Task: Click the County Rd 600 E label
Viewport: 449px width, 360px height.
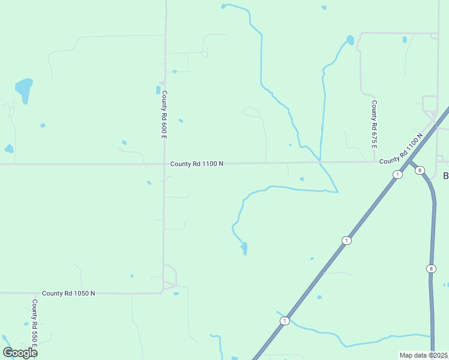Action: point(164,115)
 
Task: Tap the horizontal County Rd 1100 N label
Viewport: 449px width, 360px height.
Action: point(197,163)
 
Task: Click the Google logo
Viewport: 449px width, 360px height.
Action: point(20,352)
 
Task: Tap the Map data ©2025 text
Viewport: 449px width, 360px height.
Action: point(423,355)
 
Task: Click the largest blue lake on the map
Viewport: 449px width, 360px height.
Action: point(24,89)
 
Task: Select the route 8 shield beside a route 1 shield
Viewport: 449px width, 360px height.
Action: point(419,170)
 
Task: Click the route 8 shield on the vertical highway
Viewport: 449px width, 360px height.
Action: point(430,268)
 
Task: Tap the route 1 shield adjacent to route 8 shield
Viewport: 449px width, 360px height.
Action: point(397,174)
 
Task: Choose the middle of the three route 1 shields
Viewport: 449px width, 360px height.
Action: point(346,241)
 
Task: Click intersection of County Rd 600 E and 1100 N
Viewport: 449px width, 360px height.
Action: point(164,163)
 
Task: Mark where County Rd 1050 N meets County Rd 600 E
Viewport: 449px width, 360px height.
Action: point(163,292)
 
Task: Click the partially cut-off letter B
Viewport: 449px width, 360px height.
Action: point(445,176)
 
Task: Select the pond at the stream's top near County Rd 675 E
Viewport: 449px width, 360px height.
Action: point(350,41)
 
